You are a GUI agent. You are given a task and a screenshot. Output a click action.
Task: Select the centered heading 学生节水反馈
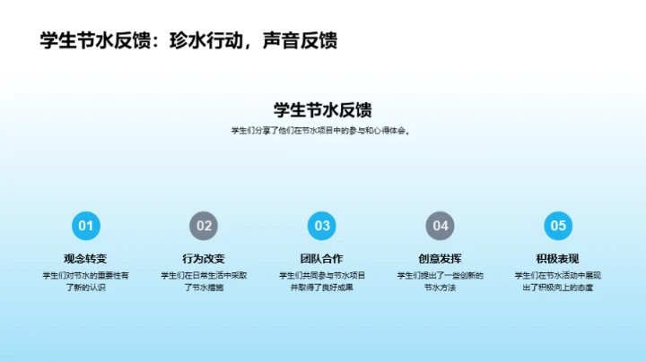[x=322, y=109]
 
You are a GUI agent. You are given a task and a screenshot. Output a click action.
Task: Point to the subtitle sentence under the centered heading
[x=322, y=131]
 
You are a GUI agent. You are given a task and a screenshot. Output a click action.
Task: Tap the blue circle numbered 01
[x=86, y=226]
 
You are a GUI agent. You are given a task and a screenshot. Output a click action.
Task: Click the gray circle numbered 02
[x=205, y=226]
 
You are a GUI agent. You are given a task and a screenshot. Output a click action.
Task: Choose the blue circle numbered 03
[x=322, y=226]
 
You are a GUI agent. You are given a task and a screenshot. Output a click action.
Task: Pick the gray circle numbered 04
[x=441, y=226]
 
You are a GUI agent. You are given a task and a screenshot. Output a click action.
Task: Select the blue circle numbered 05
[x=558, y=226]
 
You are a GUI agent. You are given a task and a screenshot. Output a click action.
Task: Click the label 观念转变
[x=86, y=259]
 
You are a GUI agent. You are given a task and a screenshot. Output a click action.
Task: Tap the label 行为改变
[x=205, y=259]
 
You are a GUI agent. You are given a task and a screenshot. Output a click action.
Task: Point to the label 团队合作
[x=322, y=259]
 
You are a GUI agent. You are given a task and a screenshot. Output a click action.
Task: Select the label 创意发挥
[x=441, y=259]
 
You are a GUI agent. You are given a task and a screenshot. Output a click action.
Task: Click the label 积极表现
[x=558, y=259]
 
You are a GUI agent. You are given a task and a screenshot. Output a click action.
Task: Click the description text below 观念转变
[x=86, y=281]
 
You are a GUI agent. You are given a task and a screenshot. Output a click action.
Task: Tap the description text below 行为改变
[x=205, y=281]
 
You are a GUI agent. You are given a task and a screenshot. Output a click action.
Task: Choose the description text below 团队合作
[x=322, y=281]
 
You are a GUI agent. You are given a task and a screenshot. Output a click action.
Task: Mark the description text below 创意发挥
[x=441, y=281]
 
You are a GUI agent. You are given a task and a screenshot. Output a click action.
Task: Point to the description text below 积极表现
[x=558, y=281]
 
